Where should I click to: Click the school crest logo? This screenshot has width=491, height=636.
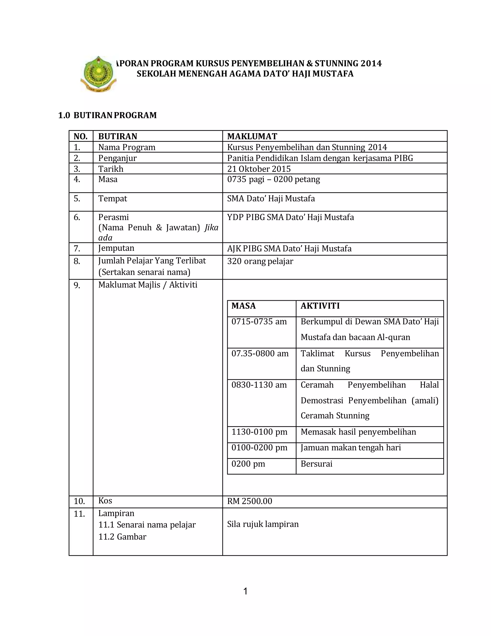coord(98,74)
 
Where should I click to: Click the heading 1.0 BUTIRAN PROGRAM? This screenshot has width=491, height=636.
coord(107,115)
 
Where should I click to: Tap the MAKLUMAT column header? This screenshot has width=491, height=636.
coord(252,136)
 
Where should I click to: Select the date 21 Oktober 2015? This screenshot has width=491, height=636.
coord(259,169)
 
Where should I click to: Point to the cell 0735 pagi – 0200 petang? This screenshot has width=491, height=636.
coord(273,179)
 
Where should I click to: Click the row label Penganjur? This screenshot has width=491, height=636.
coord(117,158)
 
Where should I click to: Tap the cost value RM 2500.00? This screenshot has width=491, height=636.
coord(250,501)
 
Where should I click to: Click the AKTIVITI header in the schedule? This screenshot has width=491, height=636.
coord(320,306)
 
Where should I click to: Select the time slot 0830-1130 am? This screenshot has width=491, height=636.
coord(259,385)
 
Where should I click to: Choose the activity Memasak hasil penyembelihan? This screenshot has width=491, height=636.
coord(358,432)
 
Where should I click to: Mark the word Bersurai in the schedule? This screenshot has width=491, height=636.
coord(316,464)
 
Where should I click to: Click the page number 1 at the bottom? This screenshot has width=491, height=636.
coord(245,591)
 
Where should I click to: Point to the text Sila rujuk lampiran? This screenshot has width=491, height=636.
coord(263,524)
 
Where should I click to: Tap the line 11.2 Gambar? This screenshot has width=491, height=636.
coord(122,537)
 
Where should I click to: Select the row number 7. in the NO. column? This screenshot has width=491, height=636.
coord(77,249)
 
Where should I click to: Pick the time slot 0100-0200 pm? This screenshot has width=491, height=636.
coord(259,448)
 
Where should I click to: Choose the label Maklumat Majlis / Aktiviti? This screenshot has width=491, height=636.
coord(147,285)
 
